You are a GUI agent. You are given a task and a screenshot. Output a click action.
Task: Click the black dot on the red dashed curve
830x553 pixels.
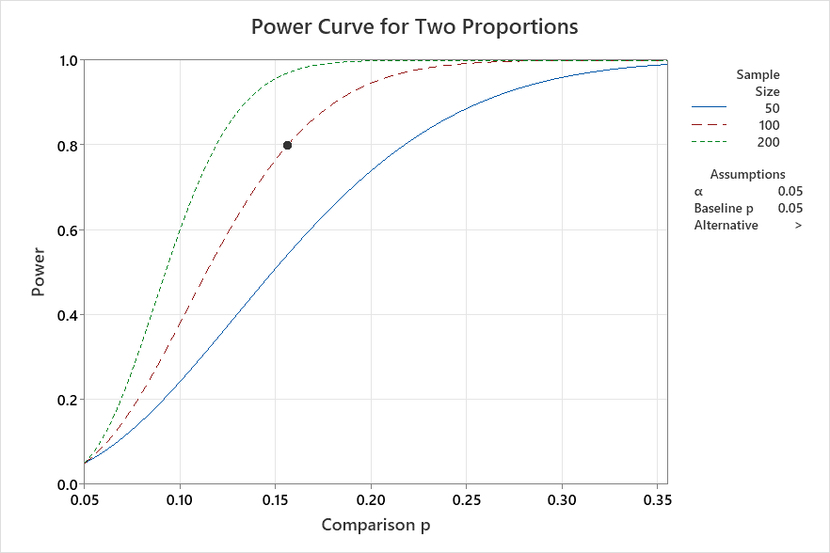[x=287, y=145]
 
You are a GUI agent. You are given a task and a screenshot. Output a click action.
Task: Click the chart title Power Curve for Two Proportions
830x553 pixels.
[x=414, y=26]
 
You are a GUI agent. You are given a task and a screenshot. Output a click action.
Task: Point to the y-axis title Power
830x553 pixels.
[x=39, y=272]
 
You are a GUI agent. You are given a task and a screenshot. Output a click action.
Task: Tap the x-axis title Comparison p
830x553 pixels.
[x=376, y=524]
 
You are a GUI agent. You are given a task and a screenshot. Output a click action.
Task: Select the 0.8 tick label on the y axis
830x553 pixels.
[x=68, y=145]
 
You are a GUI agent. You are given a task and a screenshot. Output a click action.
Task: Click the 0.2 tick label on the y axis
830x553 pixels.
[x=68, y=400]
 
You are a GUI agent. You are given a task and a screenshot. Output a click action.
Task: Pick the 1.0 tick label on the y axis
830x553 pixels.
[x=68, y=60]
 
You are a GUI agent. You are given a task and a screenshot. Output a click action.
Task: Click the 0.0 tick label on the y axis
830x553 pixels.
[x=68, y=484]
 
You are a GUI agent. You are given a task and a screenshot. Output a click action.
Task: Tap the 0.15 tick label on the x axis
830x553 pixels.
[x=276, y=498]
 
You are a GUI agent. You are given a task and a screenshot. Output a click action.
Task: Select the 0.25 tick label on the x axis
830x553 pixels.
[x=467, y=498]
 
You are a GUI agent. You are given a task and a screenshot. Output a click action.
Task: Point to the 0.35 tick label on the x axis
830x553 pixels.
[x=658, y=498]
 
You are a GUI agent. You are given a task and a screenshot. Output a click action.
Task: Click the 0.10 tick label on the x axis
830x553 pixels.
[x=180, y=498]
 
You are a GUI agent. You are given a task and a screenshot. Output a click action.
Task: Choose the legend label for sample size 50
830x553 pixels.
[x=772, y=108]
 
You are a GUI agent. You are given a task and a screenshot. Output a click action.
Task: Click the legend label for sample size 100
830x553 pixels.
[x=768, y=125]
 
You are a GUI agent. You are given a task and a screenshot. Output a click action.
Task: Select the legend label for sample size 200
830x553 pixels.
[x=768, y=142]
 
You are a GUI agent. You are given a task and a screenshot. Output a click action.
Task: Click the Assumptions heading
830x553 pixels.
[x=747, y=174]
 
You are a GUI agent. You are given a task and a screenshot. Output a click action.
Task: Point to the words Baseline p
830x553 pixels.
[x=725, y=208]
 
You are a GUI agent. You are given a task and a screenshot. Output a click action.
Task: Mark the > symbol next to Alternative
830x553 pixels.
[x=797, y=226]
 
